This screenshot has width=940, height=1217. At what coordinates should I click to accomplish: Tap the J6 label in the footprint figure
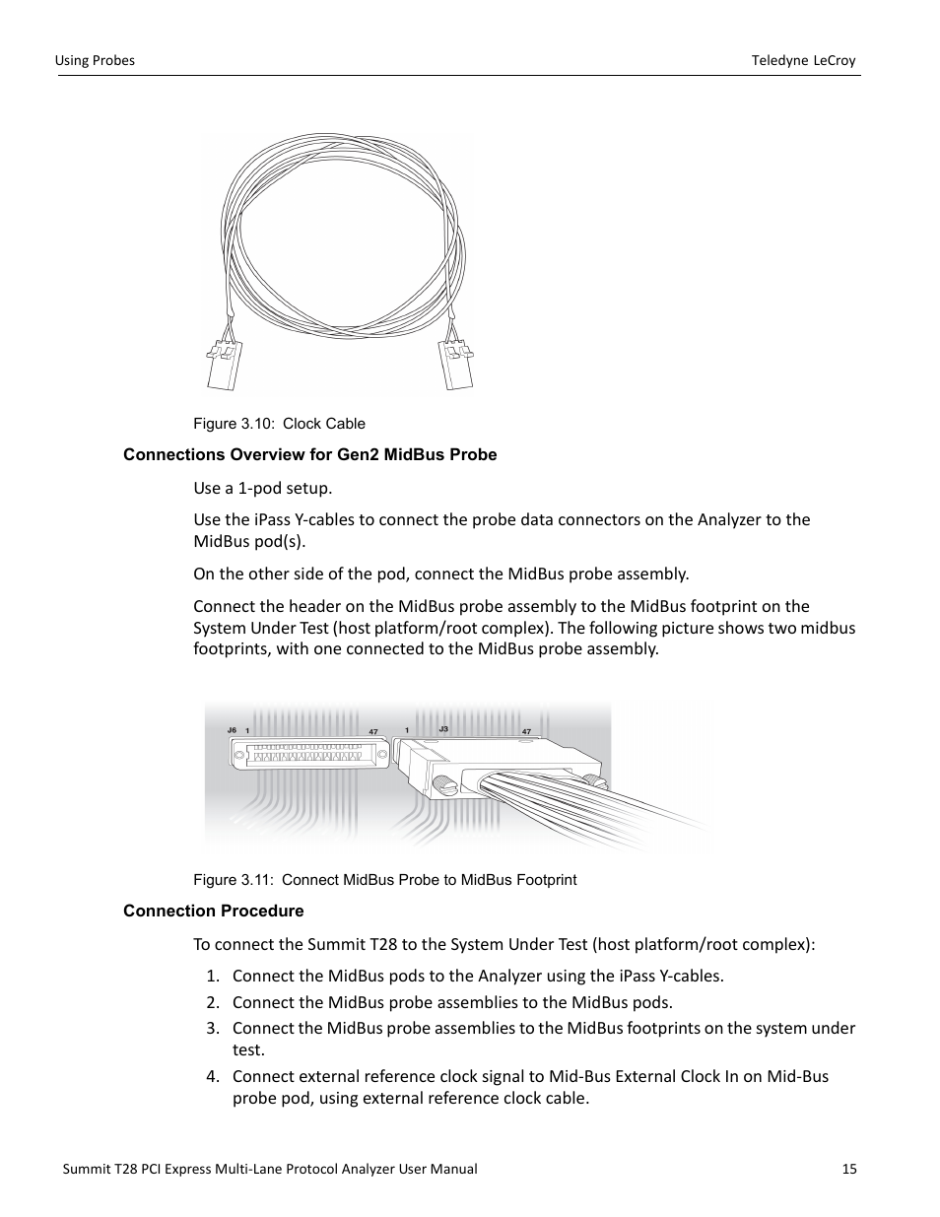click(x=232, y=730)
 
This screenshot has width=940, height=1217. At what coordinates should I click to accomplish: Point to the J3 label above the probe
click(x=443, y=729)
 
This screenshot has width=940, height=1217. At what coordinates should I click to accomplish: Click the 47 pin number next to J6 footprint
click(x=373, y=731)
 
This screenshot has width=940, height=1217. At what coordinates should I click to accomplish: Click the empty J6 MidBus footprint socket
click(x=306, y=755)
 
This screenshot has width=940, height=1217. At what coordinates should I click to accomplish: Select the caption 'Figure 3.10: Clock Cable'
click(x=279, y=424)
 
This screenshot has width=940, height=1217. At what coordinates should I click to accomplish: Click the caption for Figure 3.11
click(x=384, y=880)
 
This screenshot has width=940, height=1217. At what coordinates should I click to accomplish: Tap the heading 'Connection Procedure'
click(x=213, y=911)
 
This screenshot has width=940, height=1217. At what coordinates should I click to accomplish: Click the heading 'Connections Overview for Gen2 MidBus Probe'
click(x=309, y=454)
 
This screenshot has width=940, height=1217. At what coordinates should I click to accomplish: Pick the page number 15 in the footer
click(x=849, y=1169)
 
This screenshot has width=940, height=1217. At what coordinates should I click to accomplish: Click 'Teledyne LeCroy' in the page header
click(x=803, y=60)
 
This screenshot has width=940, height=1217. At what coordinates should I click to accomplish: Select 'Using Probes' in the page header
click(x=95, y=60)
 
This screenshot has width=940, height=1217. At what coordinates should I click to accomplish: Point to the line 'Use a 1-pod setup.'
click(x=262, y=488)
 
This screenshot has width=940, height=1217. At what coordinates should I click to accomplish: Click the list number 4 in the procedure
click(x=212, y=1076)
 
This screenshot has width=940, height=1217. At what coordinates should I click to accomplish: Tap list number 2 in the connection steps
click(x=212, y=1002)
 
